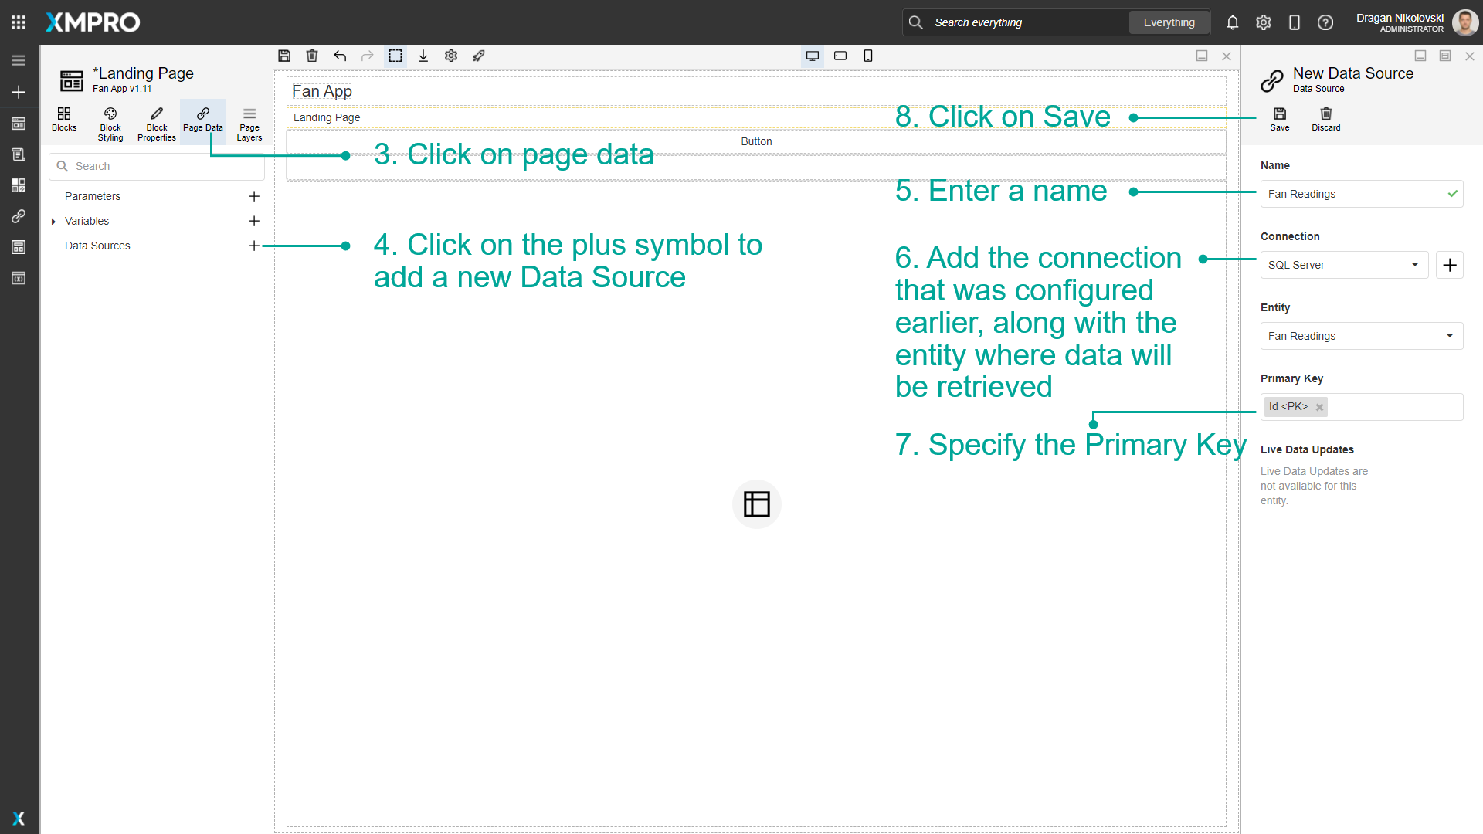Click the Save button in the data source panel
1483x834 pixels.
1279,119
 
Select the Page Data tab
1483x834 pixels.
203,120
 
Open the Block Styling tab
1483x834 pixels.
110,124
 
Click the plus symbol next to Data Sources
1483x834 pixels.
253,246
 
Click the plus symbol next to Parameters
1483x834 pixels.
253,196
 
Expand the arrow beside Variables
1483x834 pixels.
53,222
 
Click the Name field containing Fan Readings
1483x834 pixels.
1352,194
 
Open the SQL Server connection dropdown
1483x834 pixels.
1344,265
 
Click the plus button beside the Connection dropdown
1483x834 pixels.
1450,265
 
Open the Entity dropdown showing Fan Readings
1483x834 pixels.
1361,336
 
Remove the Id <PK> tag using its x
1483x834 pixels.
1319,408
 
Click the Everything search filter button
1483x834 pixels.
1169,22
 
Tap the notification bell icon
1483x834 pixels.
1232,22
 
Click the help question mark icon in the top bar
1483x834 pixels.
1325,22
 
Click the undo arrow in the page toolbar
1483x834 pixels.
340,56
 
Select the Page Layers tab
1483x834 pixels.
249,124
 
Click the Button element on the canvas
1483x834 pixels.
756,141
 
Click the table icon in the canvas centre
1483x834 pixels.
756,504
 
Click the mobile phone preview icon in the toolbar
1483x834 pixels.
868,56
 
